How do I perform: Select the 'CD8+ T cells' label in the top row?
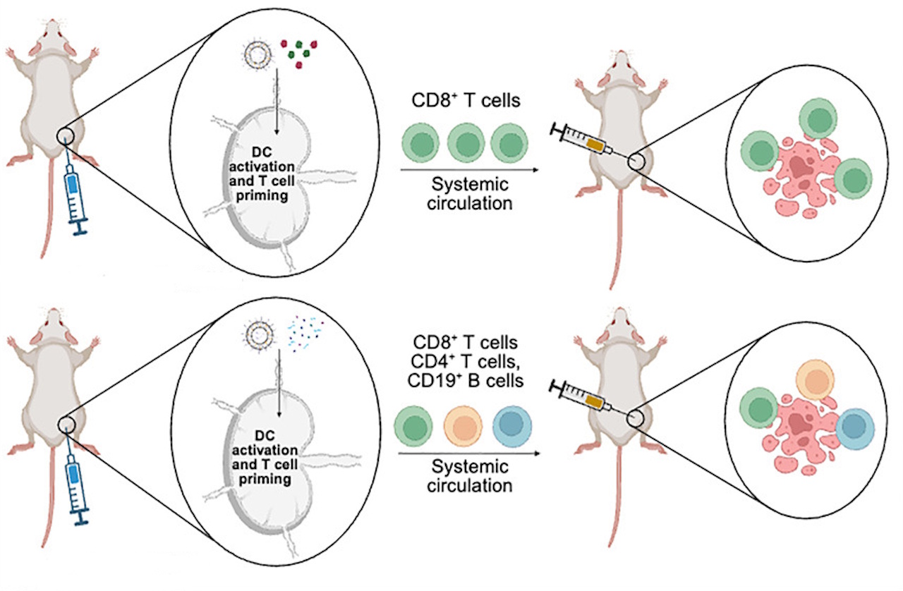[466, 101]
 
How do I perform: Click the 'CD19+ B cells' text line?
[466, 382]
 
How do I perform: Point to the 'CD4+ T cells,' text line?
[466, 362]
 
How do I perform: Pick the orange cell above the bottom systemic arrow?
[463, 426]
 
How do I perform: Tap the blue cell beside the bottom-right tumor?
[854, 427]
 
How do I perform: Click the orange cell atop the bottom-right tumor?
[815, 379]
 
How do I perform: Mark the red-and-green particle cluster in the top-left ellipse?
[301, 51]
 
